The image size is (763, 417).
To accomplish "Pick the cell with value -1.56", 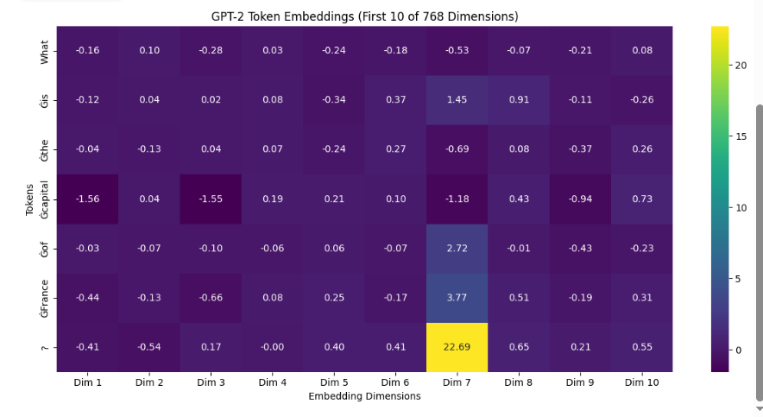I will click(x=87, y=199).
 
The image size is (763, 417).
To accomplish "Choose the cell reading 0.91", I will click(x=519, y=100).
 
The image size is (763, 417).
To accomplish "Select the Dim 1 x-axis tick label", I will click(x=87, y=382).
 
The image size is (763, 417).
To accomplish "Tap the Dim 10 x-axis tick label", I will click(x=640, y=382).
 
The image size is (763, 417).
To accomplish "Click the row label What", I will click(x=45, y=51).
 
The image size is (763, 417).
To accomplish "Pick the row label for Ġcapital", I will click(x=45, y=199).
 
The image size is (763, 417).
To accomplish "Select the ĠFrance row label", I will click(x=45, y=298).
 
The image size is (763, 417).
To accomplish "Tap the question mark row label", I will click(x=45, y=347).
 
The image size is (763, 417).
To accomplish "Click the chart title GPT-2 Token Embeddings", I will click(x=364, y=16).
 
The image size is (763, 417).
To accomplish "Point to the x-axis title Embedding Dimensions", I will click(x=364, y=396).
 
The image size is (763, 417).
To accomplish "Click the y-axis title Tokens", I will click(x=30, y=199).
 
